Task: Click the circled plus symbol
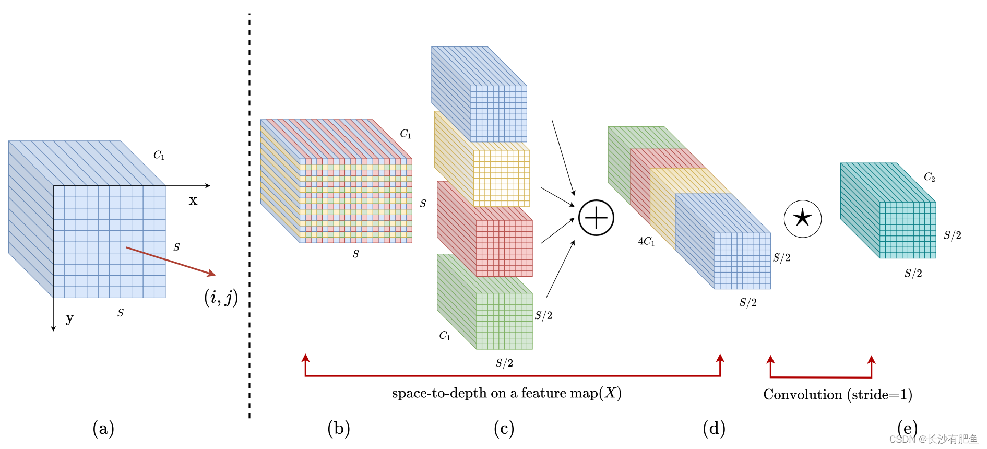(x=596, y=218)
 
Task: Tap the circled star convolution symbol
(x=802, y=219)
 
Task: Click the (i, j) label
(x=221, y=298)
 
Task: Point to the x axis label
(x=193, y=200)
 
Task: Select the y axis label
(x=69, y=318)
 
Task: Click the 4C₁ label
(x=646, y=241)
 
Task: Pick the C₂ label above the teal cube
(x=929, y=177)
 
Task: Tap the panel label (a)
(x=103, y=429)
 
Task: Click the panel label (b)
(x=339, y=429)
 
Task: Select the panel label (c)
(x=504, y=429)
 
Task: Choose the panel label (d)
(x=714, y=429)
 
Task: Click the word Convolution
(x=802, y=395)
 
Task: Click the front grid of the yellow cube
(x=501, y=178)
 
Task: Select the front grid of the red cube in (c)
(x=504, y=248)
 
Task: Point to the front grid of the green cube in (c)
(x=504, y=321)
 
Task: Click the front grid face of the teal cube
(x=908, y=230)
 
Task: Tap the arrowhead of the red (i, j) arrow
(x=212, y=274)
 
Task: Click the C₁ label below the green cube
(x=445, y=336)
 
